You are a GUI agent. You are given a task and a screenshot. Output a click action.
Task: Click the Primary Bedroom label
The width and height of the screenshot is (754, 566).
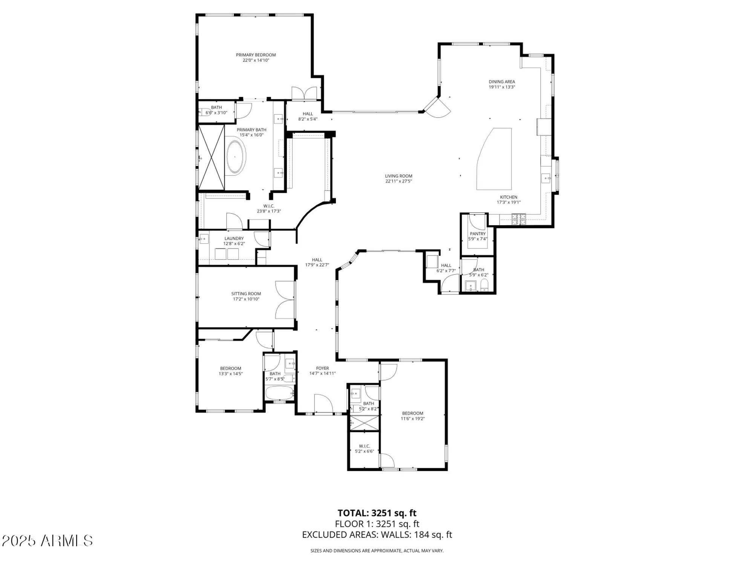(x=256, y=55)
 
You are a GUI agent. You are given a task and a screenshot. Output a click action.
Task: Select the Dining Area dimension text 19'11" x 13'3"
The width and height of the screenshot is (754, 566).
(x=501, y=87)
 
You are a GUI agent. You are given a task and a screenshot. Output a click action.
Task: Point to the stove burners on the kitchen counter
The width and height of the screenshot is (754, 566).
(x=518, y=219)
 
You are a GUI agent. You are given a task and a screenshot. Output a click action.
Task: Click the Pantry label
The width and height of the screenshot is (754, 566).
(x=478, y=234)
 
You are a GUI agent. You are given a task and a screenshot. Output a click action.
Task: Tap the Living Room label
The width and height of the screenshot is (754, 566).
(x=398, y=176)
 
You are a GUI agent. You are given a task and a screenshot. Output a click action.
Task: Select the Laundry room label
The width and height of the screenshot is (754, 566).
(x=234, y=238)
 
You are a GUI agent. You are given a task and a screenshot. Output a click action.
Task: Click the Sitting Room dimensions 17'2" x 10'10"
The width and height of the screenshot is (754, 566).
(x=246, y=299)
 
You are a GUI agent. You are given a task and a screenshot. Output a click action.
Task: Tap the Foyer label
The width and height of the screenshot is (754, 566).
(x=322, y=368)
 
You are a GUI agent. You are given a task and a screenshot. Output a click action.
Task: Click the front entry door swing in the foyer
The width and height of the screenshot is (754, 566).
(x=323, y=404)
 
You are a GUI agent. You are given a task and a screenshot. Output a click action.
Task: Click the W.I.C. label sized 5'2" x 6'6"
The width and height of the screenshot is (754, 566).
(x=364, y=446)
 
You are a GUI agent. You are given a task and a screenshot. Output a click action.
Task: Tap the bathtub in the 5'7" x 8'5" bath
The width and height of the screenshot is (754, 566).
(x=280, y=393)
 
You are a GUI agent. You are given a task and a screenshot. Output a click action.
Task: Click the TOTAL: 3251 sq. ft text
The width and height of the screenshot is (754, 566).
(x=377, y=513)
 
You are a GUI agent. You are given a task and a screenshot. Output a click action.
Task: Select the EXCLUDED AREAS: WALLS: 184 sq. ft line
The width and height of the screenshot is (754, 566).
(x=377, y=535)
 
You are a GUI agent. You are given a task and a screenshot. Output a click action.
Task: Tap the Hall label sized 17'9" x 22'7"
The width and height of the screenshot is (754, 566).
(x=317, y=260)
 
